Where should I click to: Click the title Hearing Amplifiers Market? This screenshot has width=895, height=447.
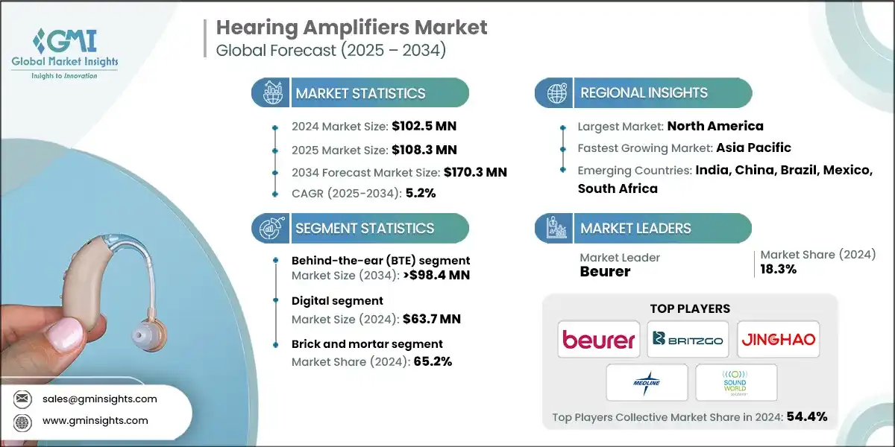tap(351, 28)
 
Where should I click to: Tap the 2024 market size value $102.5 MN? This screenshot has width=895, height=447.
tap(420, 126)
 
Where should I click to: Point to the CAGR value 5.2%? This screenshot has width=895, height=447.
tap(420, 193)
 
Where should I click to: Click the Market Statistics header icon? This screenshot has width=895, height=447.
tap(269, 93)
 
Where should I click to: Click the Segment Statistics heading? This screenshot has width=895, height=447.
tap(365, 228)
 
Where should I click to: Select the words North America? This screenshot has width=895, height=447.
tap(715, 126)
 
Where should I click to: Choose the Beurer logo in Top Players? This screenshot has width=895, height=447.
tap(598, 340)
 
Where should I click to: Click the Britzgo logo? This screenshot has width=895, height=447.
tap(688, 340)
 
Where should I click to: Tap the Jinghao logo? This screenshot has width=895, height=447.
tap(778, 340)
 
